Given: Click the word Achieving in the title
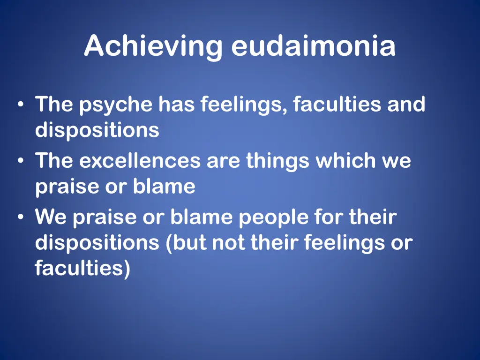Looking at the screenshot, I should coord(153,47).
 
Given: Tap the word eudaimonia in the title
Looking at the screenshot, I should coord(313,47).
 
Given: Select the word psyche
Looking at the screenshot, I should coord(115,105).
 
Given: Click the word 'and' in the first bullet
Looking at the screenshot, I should coord(406,105).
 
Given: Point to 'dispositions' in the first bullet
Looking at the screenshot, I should coord(97,130).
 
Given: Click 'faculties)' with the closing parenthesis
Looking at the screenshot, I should coord(82,269).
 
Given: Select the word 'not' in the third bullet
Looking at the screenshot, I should coord(229,243).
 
